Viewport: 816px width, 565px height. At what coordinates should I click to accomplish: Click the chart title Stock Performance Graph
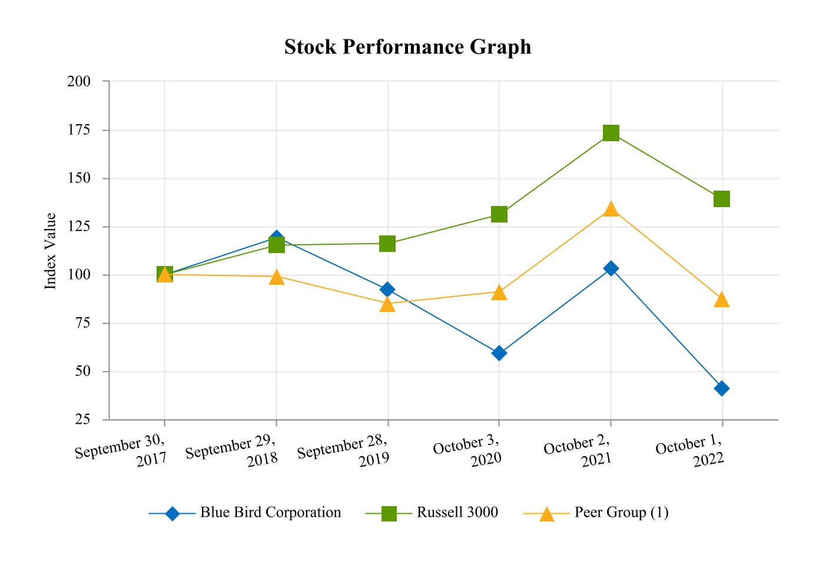pyautogui.click(x=407, y=47)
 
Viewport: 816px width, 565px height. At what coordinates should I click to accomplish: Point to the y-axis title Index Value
pyautogui.click(x=51, y=251)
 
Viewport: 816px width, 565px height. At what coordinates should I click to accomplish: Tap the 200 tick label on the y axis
pyautogui.click(x=79, y=81)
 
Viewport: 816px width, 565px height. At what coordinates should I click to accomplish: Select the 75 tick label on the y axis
pyautogui.click(x=83, y=323)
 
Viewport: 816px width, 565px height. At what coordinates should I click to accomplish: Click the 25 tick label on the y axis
pyautogui.click(x=83, y=420)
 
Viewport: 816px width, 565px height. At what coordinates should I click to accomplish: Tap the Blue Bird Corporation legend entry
pyautogui.click(x=270, y=513)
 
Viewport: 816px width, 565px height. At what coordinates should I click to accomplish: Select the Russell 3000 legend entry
pyautogui.click(x=457, y=513)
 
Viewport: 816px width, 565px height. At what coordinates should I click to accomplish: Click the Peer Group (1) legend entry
pyautogui.click(x=621, y=513)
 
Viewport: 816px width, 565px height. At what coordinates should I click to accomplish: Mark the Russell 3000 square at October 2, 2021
pyautogui.click(x=611, y=133)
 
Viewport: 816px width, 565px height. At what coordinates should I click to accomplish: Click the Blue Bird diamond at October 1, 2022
pyautogui.click(x=722, y=388)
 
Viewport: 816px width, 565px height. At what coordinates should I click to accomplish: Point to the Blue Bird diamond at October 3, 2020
pyautogui.click(x=499, y=353)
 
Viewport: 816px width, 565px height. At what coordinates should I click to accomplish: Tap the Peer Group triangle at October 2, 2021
pyautogui.click(x=611, y=209)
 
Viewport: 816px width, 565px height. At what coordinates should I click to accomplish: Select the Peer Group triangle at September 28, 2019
pyautogui.click(x=387, y=304)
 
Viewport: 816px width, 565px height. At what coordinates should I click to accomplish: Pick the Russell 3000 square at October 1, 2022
pyautogui.click(x=722, y=199)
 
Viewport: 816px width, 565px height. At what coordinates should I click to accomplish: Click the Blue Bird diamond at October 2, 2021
pyautogui.click(x=611, y=268)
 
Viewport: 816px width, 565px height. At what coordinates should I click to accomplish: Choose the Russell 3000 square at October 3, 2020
pyautogui.click(x=499, y=214)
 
